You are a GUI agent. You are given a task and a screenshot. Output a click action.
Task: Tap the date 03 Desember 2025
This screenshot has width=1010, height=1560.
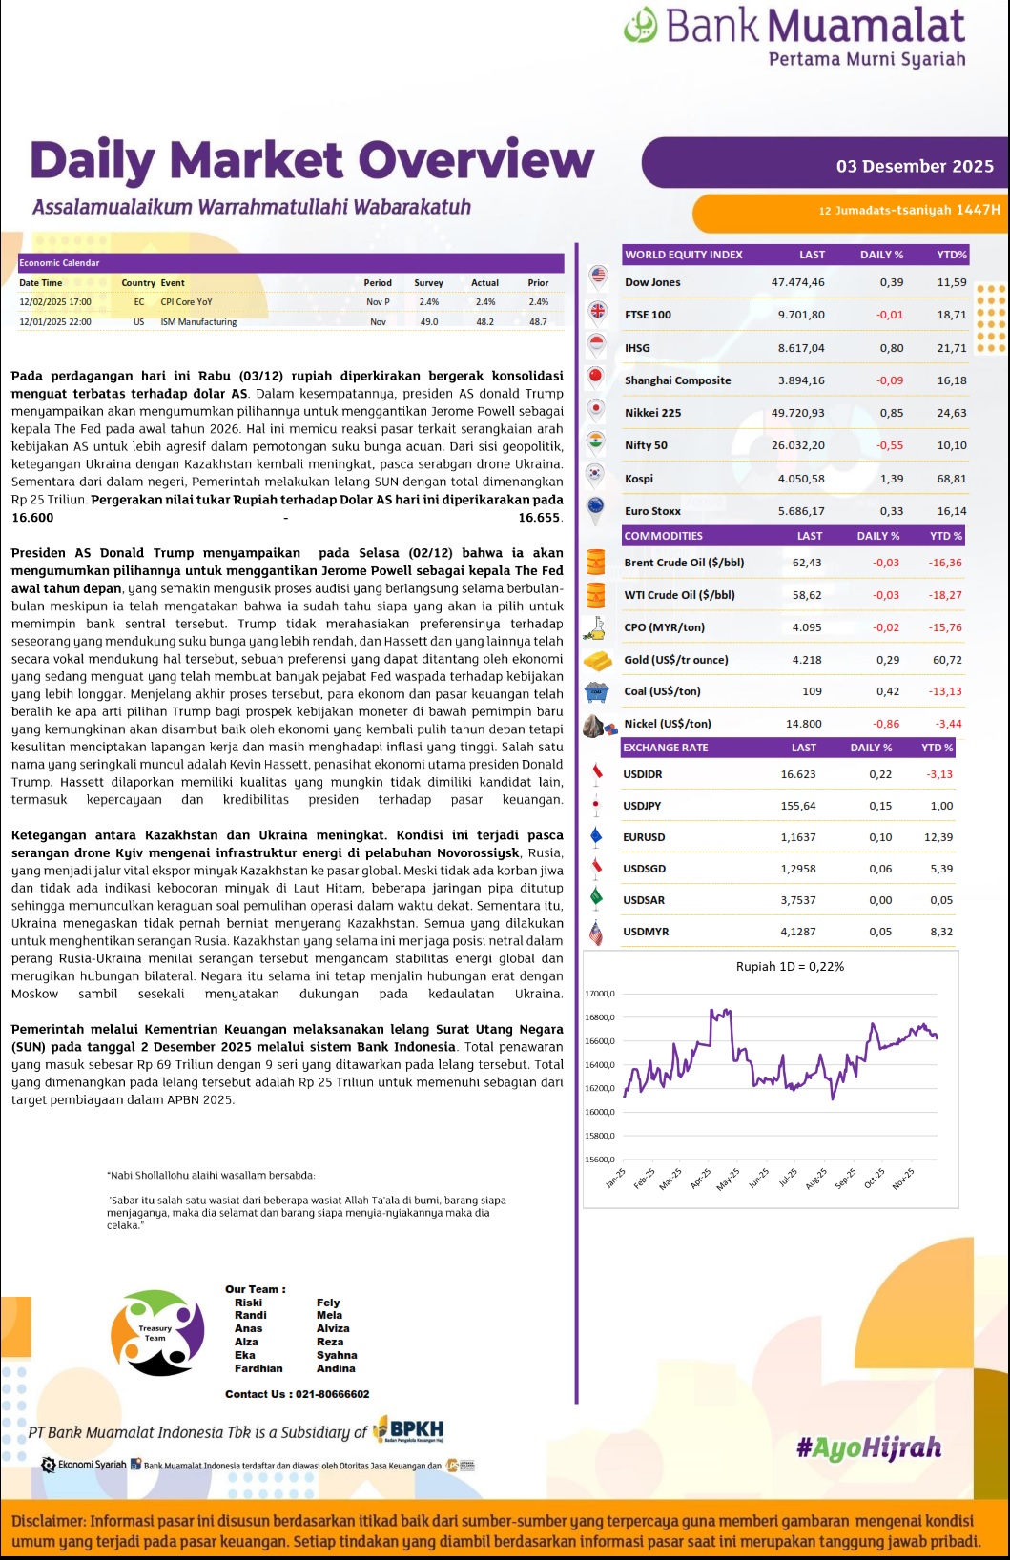[915, 166]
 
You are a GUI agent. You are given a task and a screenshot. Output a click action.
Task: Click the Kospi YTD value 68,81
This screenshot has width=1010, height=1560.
[951, 479]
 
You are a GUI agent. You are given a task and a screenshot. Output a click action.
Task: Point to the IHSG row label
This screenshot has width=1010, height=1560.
[637, 348]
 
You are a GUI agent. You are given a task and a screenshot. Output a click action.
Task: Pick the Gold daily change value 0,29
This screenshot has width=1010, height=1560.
[887, 660]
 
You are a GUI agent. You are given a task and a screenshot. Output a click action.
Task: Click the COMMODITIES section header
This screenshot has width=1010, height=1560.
[663, 536]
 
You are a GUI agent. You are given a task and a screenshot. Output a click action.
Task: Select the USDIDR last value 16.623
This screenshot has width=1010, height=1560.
[798, 774]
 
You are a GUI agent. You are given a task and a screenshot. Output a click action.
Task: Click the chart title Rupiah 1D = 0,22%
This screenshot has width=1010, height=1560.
[790, 966]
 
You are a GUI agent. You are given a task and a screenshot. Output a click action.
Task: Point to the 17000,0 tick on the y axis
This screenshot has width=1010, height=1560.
[600, 994]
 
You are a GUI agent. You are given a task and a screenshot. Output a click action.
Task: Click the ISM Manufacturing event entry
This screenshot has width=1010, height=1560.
[198, 322]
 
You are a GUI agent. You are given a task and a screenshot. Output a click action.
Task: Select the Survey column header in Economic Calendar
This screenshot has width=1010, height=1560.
[428, 283]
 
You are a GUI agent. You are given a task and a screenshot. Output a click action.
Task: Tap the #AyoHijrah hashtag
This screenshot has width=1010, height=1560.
[868, 1447]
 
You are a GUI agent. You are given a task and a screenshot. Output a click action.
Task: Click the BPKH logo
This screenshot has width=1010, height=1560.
[409, 1429]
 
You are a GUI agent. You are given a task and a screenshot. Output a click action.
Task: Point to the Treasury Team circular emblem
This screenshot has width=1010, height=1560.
[157, 1332]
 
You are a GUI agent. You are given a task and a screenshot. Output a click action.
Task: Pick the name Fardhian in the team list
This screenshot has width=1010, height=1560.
[258, 1368]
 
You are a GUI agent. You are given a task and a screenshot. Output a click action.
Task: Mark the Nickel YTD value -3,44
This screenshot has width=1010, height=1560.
[948, 724]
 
